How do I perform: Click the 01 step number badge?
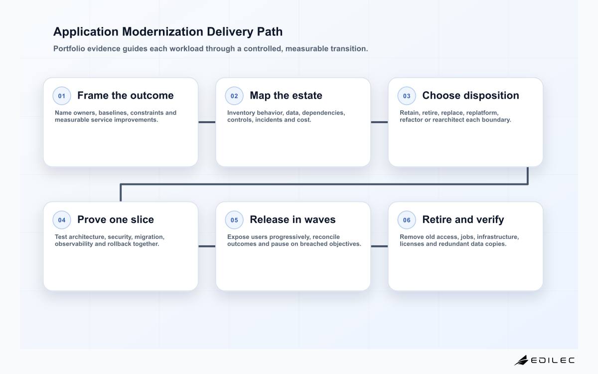tap(62, 96)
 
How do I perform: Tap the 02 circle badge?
tap(234, 96)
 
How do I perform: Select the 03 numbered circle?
tap(407, 96)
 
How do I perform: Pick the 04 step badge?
tap(62, 220)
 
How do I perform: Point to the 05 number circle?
tap(234, 220)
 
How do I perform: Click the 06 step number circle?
tap(407, 220)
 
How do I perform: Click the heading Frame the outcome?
tap(126, 95)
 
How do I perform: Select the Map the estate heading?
tap(286, 95)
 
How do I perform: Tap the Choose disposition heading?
tap(470, 95)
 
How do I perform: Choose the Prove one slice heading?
tap(116, 219)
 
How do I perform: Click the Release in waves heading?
tap(293, 219)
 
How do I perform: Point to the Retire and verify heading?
tap(463, 219)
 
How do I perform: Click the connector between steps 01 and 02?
tap(207, 122)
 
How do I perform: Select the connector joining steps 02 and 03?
tap(379, 122)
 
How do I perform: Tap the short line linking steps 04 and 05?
tap(207, 246)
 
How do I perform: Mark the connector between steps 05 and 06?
tap(379, 246)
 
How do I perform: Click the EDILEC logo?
tap(544, 360)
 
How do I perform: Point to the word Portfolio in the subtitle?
tap(69, 49)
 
